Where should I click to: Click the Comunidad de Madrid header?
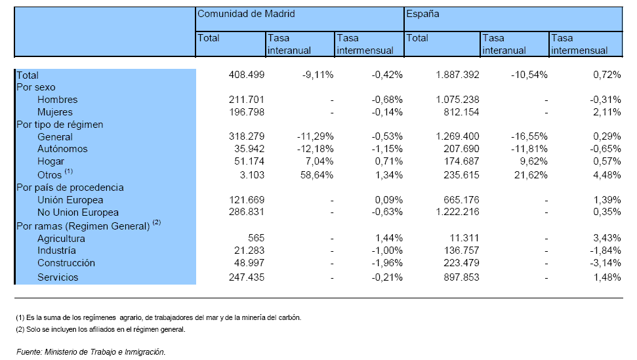pos(246,14)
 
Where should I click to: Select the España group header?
pos(422,14)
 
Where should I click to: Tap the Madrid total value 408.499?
pos(247,75)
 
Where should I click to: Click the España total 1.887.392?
pos(457,75)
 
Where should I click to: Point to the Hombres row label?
pos(57,100)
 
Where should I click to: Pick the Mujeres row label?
pos(55,112)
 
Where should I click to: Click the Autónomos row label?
pos(62,149)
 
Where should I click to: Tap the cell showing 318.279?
pos(247,136)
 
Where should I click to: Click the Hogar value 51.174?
pos(249,161)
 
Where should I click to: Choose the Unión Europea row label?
pos(70,200)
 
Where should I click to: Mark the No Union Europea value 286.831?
pos(247,212)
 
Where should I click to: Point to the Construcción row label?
pos(66,263)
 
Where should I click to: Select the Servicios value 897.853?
pos(461,277)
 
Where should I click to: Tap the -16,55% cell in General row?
pos(529,136)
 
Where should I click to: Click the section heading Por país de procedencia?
pos(70,188)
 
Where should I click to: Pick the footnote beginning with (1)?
pos(159,317)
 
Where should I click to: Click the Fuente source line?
pos(91,352)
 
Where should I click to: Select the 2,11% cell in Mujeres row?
pos(607,112)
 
